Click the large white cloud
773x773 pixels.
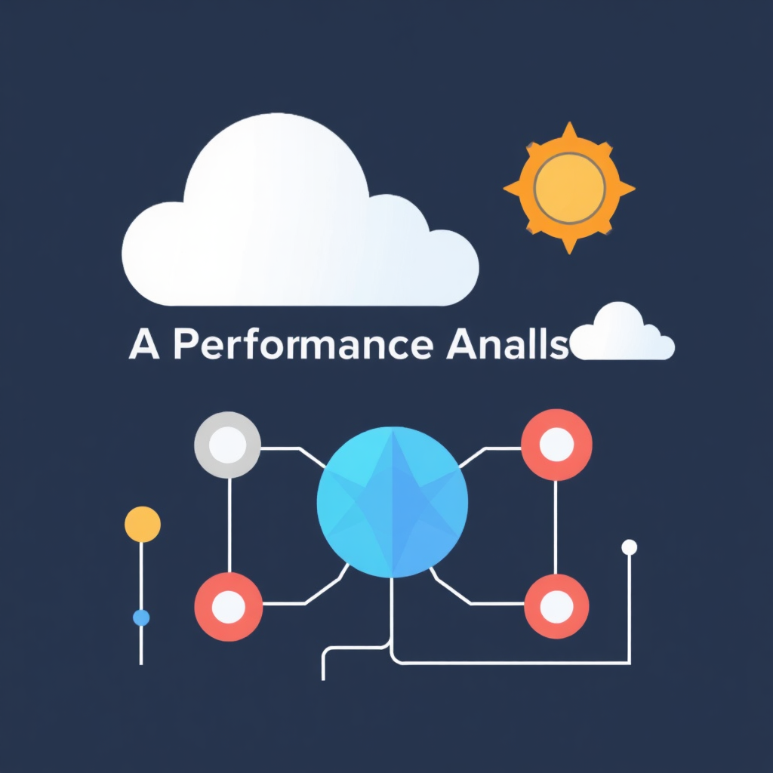[x=294, y=226]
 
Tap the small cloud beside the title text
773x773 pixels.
[x=624, y=336]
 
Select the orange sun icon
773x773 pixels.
[x=569, y=187]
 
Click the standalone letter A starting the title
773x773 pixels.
[x=143, y=345]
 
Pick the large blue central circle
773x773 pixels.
[x=393, y=501]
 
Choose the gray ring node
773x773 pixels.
[x=228, y=445]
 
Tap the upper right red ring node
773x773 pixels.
[x=556, y=444]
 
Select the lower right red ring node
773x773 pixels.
[x=556, y=606]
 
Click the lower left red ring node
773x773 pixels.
[x=228, y=606]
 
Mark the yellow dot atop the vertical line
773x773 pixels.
[x=142, y=524]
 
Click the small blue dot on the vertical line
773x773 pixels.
[x=141, y=617]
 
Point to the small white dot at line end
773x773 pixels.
[x=629, y=547]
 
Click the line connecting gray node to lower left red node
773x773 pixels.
[x=229, y=525]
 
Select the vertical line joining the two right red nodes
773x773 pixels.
[x=556, y=525]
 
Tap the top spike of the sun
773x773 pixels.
[x=569, y=130]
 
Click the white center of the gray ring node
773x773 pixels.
[x=228, y=445]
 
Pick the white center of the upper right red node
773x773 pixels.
[x=556, y=444]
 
